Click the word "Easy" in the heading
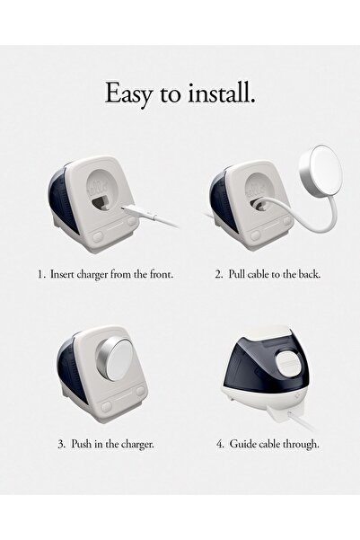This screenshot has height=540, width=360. coord(127,93)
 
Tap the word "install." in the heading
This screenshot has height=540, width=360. coord(222,93)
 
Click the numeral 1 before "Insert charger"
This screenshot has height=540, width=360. coord(41,275)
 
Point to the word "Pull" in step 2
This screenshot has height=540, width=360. coord(236,274)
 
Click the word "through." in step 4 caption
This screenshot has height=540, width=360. coord(301,444)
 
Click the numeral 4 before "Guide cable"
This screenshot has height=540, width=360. coord(220,444)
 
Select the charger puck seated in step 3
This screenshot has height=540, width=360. coord(115,359)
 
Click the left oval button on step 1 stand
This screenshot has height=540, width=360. coord(98,236)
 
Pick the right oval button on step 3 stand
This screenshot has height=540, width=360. coord(140,391)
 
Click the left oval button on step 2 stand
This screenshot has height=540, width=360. coord(255,235)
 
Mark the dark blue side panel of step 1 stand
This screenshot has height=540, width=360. coord(62,199)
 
